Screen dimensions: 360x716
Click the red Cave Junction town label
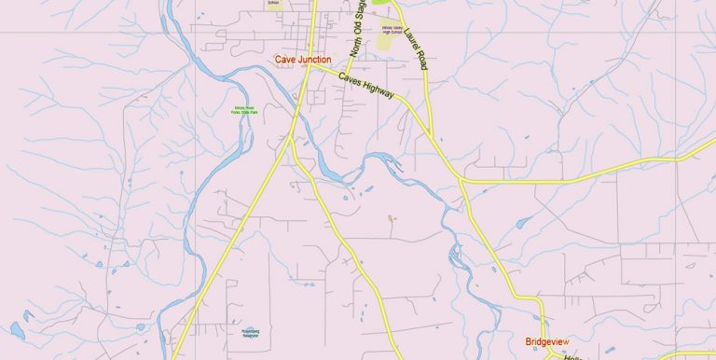pos(303,60)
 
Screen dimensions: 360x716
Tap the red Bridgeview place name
pos(546,341)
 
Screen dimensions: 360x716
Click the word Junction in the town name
pos(316,60)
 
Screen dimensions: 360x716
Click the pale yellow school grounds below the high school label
pos(387,42)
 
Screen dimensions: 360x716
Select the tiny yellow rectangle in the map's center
pos(391,218)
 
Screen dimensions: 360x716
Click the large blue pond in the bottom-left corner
pos(17,329)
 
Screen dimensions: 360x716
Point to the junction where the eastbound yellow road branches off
pos(461,178)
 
